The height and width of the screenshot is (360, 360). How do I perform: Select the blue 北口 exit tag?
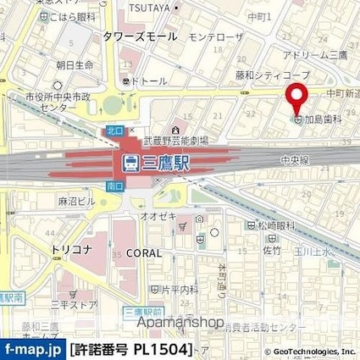pos(114,130)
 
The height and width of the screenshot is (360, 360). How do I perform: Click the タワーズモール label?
pos(140,36)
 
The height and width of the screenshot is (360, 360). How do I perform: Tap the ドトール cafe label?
pos(147,82)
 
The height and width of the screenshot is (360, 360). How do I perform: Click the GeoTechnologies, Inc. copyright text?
pos(308,352)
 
